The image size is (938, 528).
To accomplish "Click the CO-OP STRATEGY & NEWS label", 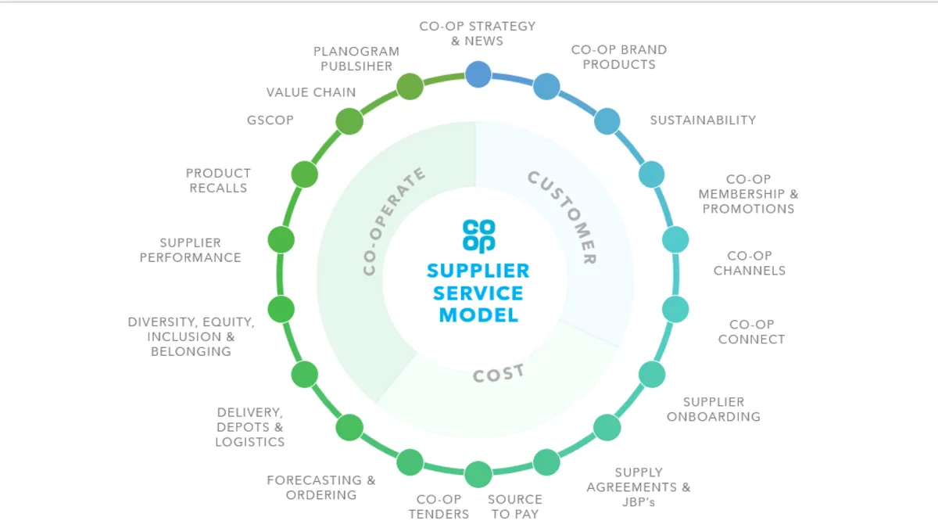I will pyautogui.click(x=477, y=33).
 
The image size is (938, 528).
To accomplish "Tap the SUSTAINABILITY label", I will pyautogui.click(x=703, y=120).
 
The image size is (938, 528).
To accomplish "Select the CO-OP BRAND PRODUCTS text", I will pyautogui.click(x=618, y=57).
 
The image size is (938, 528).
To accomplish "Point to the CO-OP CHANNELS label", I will pyautogui.click(x=749, y=263).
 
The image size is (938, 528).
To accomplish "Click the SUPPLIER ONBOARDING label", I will pyautogui.click(x=713, y=409).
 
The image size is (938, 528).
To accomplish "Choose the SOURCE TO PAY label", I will pyautogui.click(x=514, y=506).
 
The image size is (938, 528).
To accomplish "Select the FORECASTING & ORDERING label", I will pyautogui.click(x=320, y=487).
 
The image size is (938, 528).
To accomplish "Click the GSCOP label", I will pyautogui.click(x=270, y=120).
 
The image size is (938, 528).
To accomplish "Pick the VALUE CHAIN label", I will pyautogui.click(x=310, y=92).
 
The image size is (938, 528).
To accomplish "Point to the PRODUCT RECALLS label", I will pyautogui.click(x=218, y=180).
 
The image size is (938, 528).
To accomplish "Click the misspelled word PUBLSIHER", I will pyautogui.click(x=356, y=66).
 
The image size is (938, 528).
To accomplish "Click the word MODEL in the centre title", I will pyautogui.click(x=478, y=315).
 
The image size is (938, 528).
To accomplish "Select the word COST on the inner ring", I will pyautogui.click(x=498, y=375).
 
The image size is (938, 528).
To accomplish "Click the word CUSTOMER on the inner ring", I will pyautogui.click(x=563, y=217).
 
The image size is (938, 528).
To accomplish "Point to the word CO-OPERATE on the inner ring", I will pyautogui.click(x=395, y=221).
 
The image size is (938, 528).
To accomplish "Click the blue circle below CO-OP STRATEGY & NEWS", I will pyautogui.click(x=478, y=74).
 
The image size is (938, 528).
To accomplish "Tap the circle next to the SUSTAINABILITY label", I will pyautogui.click(x=607, y=121).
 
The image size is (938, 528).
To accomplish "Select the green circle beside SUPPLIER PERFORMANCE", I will pyautogui.click(x=281, y=239).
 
